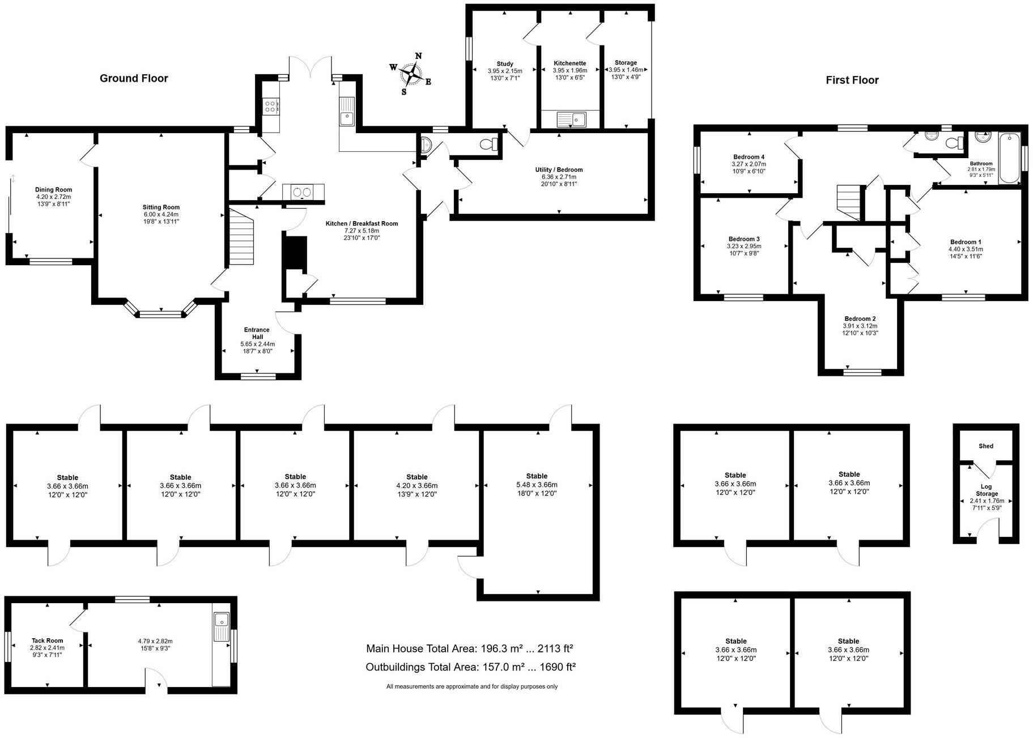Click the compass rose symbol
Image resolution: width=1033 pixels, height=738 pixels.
(x=411, y=74)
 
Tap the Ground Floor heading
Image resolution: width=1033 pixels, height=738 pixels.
(x=134, y=78)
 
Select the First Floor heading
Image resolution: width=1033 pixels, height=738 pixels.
(x=852, y=80)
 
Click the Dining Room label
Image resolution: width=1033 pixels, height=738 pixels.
(x=53, y=190)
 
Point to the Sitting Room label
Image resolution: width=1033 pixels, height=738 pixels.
(x=161, y=207)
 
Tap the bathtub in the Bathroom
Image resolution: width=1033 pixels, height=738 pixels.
(x=1009, y=158)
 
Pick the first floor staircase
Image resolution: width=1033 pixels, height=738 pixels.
(x=848, y=202)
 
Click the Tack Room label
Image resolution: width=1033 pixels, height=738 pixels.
(x=47, y=641)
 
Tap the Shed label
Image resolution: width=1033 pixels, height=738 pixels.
(x=985, y=446)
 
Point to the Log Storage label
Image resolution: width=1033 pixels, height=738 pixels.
(x=986, y=490)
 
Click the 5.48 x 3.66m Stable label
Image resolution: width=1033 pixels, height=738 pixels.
(x=536, y=476)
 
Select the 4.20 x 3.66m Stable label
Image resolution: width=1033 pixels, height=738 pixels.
(x=416, y=477)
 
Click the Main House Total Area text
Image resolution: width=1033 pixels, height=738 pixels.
(x=470, y=648)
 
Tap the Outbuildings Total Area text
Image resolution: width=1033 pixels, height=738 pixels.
(x=470, y=667)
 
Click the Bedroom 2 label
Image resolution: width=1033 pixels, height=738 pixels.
(x=860, y=319)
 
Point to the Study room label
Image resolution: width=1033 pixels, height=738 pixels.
(x=504, y=64)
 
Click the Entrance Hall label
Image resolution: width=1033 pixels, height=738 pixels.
(x=257, y=333)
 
